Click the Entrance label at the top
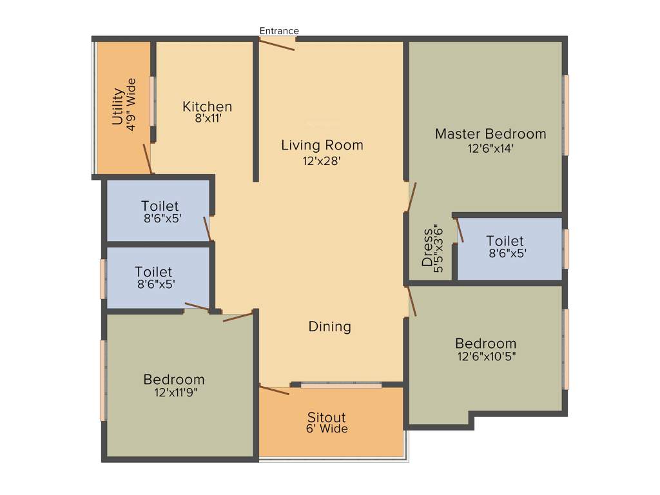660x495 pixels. pyautogui.click(x=279, y=30)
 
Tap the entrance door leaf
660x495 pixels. pyautogui.click(x=277, y=44)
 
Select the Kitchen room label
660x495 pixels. pyautogui.click(x=207, y=106)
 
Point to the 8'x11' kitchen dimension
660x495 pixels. pyautogui.click(x=208, y=119)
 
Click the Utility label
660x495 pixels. pyautogui.click(x=117, y=106)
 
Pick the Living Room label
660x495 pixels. pyautogui.click(x=322, y=145)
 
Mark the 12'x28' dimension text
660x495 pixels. pyautogui.click(x=322, y=160)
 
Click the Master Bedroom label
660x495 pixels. pyautogui.click(x=490, y=134)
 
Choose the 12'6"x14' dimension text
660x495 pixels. pyautogui.click(x=490, y=148)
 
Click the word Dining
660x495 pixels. pyautogui.click(x=329, y=327)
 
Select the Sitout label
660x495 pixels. pyautogui.click(x=326, y=417)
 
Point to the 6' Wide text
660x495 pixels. pyautogui.click(x=327, y=429)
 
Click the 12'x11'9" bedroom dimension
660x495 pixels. pyautogui.click(x=175, y=393)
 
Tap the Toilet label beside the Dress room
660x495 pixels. pyautogui.click(x=505, y=241)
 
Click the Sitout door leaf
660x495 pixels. pyautogui.click(x=274, y=390)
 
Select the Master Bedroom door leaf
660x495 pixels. pyautogui.click(x=412, y=197)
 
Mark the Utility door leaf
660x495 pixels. pyautogui.click(x=148, y=159)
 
